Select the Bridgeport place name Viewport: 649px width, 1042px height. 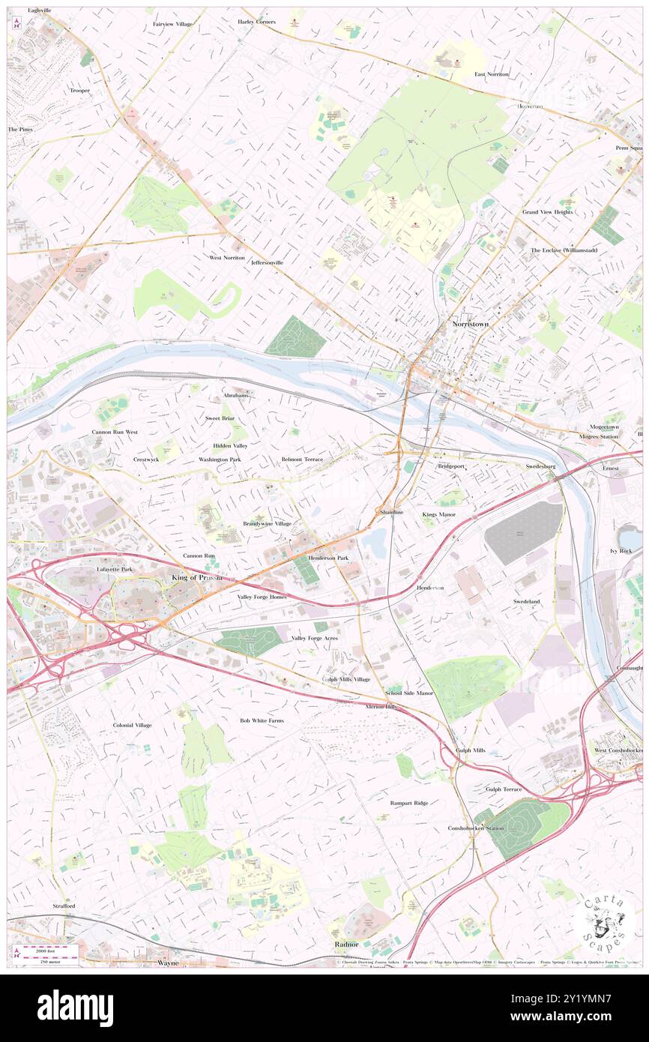[x=451, y=466]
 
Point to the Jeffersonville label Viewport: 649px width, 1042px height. [x=268, y=263]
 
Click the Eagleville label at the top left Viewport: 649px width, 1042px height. [x=40, y=10]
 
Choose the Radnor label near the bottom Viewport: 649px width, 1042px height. [x=347, y=944]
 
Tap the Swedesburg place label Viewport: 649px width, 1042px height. [x=540, y=466]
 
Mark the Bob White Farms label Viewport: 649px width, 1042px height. [x=262, y=720]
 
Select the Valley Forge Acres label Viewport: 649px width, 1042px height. [x=314, y=638]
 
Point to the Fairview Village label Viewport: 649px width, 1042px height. [x=172, y=24]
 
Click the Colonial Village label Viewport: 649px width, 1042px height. [x=133, y=725]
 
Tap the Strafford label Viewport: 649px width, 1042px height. [x=64, y=906]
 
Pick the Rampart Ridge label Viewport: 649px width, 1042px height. [x=409, y=803]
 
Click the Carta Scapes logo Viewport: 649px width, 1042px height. [x=604, y=921]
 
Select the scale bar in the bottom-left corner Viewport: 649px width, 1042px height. [x=49, y=953]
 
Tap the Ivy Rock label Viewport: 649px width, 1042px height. [x=621, y=550]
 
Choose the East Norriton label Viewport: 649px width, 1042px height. [x=492, y=74]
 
